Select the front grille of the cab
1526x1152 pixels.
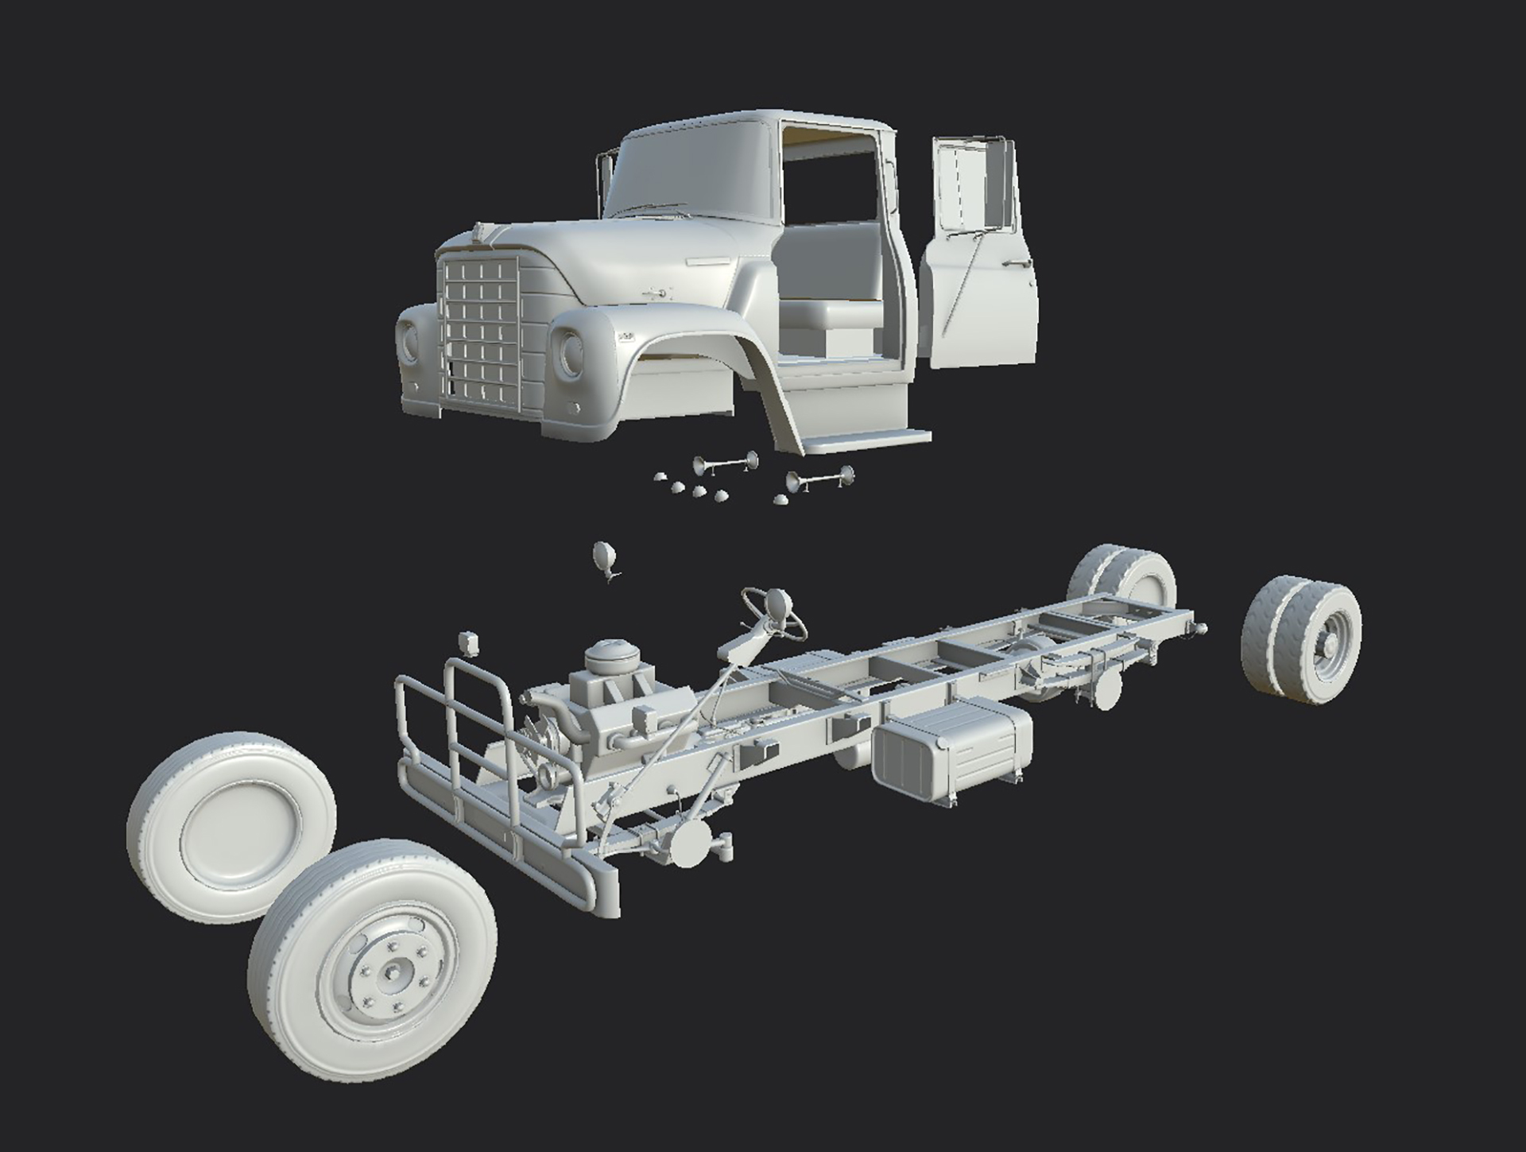pyautogui.click(x=479, y=330)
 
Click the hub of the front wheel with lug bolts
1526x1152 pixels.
pyautogui.click(x=392, y=972)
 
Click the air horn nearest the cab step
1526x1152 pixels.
pyautogui.click(x=819, y=479)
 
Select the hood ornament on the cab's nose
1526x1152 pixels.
pyautogui.click(x=481, y=233)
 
